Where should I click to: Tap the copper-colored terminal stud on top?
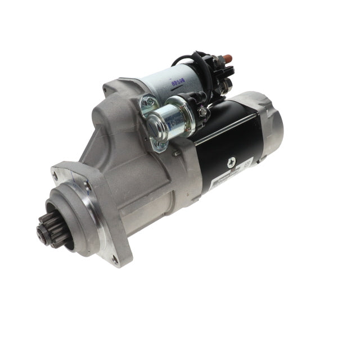(228, 58)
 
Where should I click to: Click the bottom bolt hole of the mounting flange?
(115, 260)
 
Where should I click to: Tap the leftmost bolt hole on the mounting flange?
(55, 175)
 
